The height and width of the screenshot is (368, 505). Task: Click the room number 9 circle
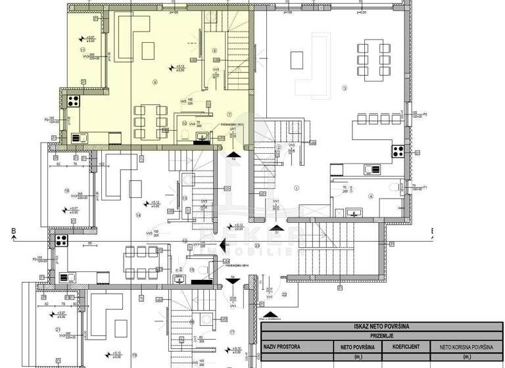155,82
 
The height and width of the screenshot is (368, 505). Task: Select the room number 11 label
82,49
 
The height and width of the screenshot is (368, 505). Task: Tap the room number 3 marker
344,87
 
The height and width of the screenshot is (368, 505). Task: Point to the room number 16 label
67,191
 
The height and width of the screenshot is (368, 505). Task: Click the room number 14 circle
139,215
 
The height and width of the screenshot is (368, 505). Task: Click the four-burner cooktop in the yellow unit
73,102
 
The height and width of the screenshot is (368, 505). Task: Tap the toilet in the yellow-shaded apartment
187,135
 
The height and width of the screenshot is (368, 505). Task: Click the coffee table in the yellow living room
148,49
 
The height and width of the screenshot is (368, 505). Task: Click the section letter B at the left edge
12,231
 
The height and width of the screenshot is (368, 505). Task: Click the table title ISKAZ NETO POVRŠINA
382,325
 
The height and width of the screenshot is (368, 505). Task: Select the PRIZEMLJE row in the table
382,335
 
